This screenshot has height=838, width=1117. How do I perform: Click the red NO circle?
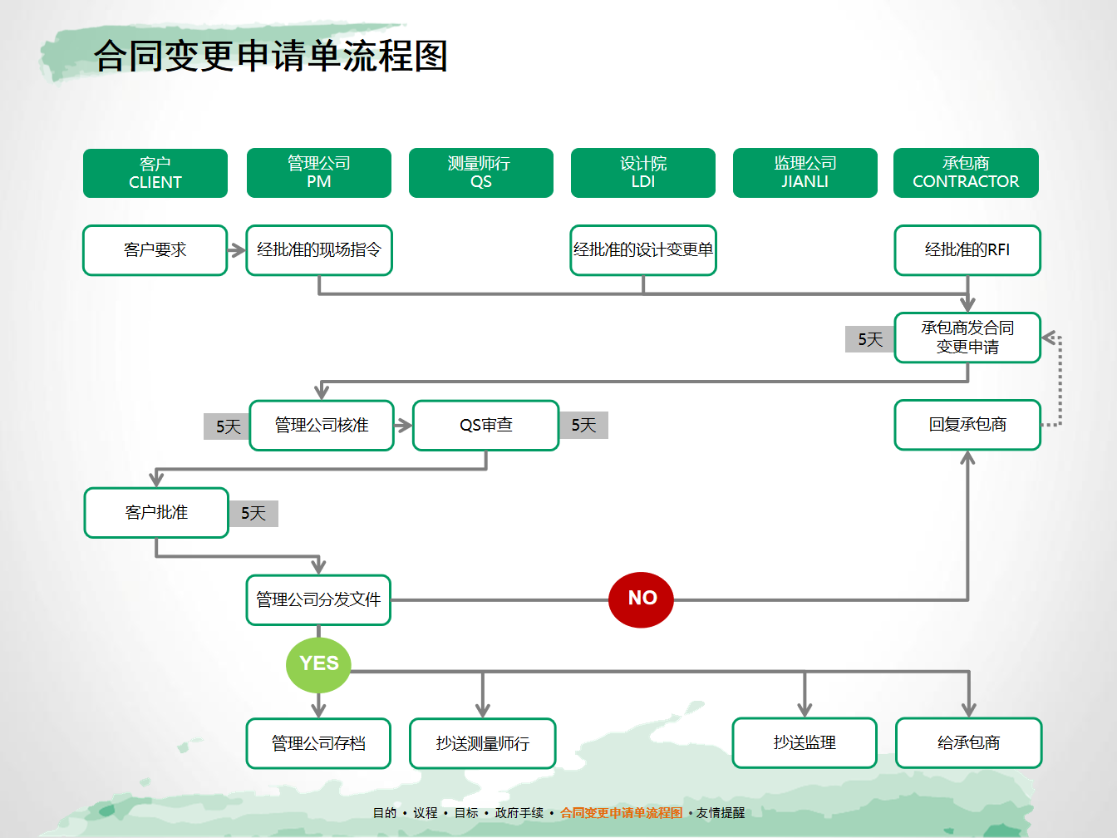click(x=641, y=599)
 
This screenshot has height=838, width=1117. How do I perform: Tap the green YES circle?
click(x=318, y=664)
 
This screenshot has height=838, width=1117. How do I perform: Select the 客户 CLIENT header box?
click(x=155, y=173)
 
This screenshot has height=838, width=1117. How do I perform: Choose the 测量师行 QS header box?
click(x=481, y=172)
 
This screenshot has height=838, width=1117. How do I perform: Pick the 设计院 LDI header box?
click(x=642, y=172)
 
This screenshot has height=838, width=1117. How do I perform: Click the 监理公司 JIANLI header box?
click(x=805, y=172)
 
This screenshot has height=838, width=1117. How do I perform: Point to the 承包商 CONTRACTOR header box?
click(x=966, y=172)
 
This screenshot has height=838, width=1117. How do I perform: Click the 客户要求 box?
click(x=155, y=250)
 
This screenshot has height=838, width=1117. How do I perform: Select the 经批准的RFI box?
click(x=967, y=250)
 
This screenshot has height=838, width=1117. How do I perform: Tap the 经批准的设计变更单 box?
click(x=643, y=250)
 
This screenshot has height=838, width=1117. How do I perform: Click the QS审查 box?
click(x=486, y=425)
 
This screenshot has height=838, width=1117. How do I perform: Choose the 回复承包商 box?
click(x=967, y=424)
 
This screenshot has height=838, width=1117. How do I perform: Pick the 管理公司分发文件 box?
click(x=318, y=600)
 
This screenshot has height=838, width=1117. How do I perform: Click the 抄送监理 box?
click(x=805, y=742)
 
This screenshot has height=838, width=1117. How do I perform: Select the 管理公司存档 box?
click(x=318, y=743)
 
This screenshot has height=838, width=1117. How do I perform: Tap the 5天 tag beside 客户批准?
click(x=253, y=513)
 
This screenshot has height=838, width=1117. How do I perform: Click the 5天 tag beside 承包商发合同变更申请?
click(x=869, y=339)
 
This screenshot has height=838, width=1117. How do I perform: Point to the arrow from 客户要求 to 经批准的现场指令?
click(x=237, y=250)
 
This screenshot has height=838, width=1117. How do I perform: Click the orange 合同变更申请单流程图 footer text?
click(x=622, y=812)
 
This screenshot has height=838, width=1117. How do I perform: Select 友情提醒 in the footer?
click(x=721, y=812)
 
